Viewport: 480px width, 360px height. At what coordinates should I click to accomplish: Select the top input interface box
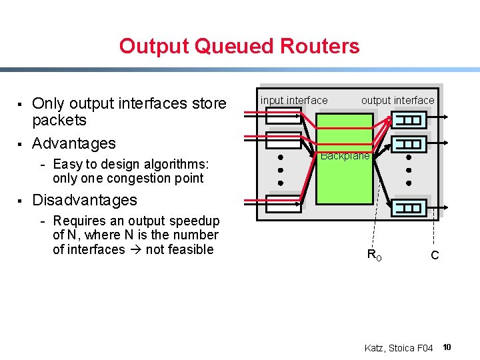(283, 115)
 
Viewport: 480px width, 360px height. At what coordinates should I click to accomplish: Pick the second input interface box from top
(283, 140)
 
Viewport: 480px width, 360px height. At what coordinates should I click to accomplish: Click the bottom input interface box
(283, 201)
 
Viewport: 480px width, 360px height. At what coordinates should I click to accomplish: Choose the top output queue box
(410, 120)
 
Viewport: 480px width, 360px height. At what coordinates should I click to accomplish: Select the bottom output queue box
(410, 208)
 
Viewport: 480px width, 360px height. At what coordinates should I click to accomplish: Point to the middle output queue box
(410, 143)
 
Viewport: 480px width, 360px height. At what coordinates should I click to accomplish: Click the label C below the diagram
(435, 255)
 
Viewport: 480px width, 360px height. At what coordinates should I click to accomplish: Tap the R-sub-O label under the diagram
(374, 255)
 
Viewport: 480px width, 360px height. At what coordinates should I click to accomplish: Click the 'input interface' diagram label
(294, 100)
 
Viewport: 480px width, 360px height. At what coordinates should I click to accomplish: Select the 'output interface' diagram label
(397, 100)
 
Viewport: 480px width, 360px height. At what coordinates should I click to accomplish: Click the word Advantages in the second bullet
(74, 143)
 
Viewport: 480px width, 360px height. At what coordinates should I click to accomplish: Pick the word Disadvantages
(85, 200)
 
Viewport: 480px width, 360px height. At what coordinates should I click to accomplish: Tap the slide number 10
(447, 347)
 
